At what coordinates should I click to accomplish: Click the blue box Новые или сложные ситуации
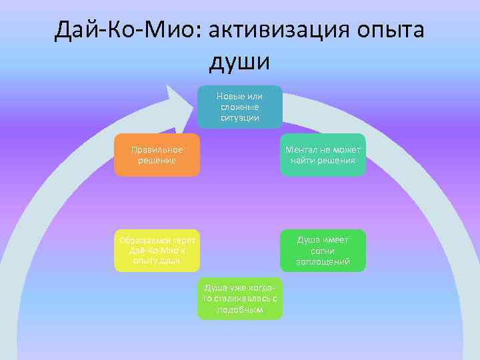click(x=239, y=107)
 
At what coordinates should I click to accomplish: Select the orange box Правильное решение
click(x=157, y=155)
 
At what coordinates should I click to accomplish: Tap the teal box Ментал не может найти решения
click(x=323, y=155)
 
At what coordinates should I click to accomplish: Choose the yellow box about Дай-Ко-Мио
click(x=157, y=251)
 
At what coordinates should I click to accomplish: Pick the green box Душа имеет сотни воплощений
click(x=323, y=251)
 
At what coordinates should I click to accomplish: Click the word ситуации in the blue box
click(x=239, y=118)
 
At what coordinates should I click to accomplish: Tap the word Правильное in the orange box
click(x=157, y=149)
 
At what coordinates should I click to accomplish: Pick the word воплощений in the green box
click(x=323, y=262)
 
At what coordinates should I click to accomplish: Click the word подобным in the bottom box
click(x=239, y=310)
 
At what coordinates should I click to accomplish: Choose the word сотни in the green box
click(x=323, y=251)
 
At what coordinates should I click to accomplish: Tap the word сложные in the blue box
click(x=239, y=107)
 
